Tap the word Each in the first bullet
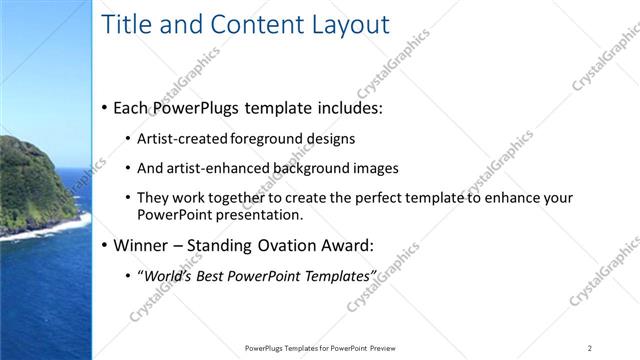[133, 107]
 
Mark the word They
[152, 198]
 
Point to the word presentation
[254, 214]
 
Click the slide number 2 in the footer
[590, 348]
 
